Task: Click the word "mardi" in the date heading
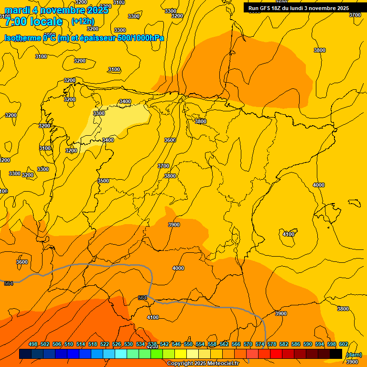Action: click(x=18, y=11)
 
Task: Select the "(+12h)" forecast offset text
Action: click(x=83, y=22)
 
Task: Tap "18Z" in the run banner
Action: click(x=281, y=8)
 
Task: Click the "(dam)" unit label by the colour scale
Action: click(x=354, y=355)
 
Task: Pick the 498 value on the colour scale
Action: click(x=33, y=345)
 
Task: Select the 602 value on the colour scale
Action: click(x=344, y=345)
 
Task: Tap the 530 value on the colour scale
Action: click(x=129, y=345)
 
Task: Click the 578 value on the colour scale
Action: click(x=272, y=345)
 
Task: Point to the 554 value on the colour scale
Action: click(x=200, y=345)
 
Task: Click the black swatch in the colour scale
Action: click(x=336, y=354)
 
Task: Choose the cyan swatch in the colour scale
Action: click(x=121, y=354)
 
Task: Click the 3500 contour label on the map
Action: click(x=103, y=181)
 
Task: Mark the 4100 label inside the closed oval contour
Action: click(x=289, y=234)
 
